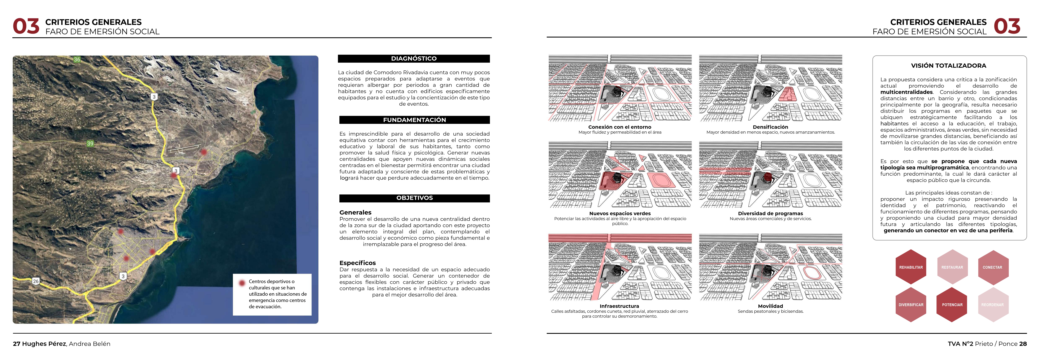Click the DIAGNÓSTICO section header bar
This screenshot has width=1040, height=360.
[414, 58]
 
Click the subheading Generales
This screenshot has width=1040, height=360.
[355, 212]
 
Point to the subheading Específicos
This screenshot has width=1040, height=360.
[357, 263]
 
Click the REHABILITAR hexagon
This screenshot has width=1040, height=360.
[911, 267]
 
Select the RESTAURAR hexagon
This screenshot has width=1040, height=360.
[952, 267]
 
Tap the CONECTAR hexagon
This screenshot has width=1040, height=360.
[992, 267]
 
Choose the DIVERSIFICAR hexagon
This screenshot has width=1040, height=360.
[911, 305]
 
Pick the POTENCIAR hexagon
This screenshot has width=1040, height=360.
[952, 305]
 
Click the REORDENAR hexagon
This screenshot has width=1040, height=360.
[992, 305]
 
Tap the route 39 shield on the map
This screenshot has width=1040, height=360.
[90, 143]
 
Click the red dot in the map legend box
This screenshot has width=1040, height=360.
[242, 283]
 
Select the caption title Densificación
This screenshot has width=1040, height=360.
[770, 127]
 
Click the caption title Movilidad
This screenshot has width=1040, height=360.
[770, 306]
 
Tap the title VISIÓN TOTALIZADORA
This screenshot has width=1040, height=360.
[948, 65]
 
